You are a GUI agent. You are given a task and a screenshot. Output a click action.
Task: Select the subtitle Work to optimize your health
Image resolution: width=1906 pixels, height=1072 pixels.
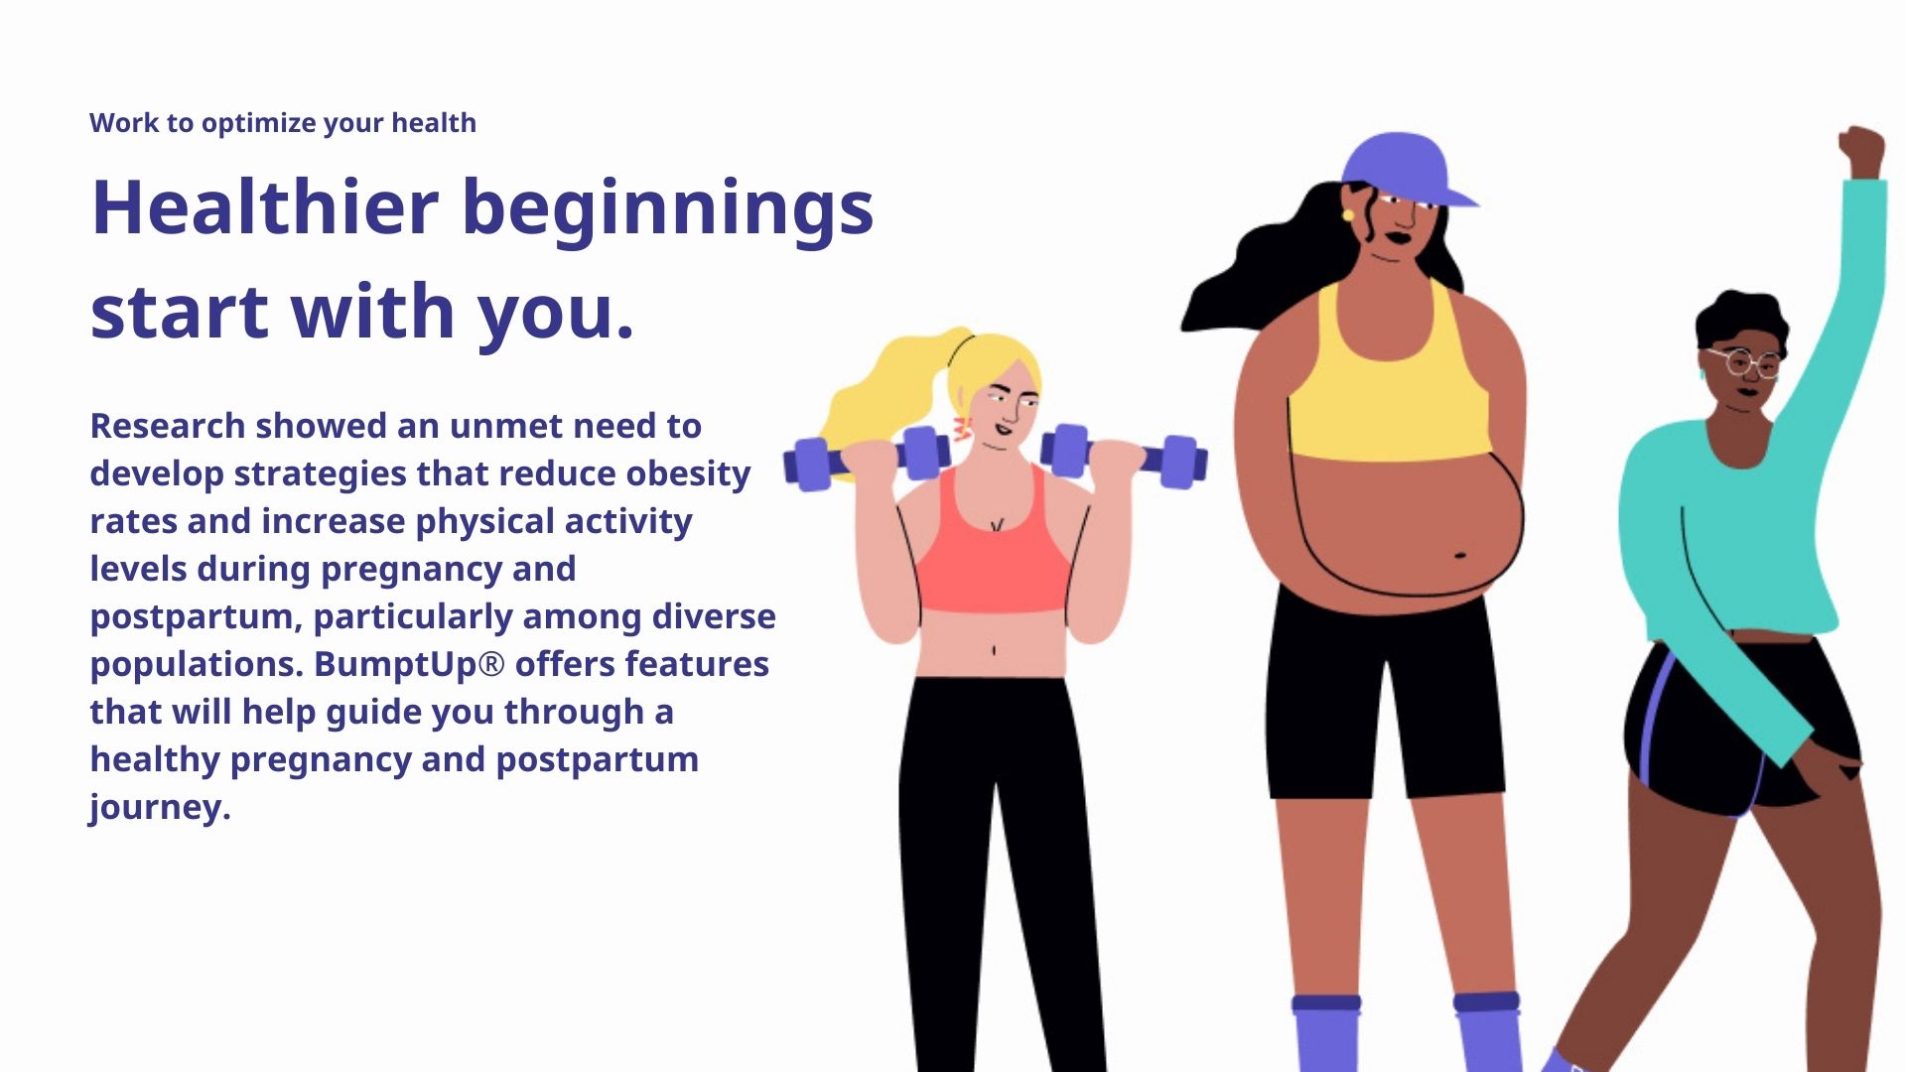click(283, 123)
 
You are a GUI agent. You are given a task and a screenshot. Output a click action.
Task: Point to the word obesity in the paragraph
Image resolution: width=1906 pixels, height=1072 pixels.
click(688, 474)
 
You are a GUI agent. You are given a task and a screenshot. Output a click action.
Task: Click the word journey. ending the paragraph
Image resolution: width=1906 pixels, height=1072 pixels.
click(160, 808)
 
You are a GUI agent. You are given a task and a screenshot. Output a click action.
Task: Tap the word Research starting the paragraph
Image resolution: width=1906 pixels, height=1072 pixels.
click(168, 426)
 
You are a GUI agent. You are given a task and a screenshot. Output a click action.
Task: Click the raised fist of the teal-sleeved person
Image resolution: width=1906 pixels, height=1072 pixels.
click(1861, 152)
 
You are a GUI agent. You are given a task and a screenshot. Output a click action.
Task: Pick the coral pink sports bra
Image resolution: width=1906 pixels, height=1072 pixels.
click(993, 556)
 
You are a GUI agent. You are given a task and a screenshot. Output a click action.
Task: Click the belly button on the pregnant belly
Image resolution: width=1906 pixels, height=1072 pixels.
click(1460, 555)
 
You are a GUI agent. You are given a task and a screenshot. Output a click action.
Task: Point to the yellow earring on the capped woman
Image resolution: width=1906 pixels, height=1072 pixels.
click(1347, 213)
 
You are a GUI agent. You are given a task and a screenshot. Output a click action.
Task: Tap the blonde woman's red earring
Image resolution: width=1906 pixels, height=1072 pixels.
click(961, 429)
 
